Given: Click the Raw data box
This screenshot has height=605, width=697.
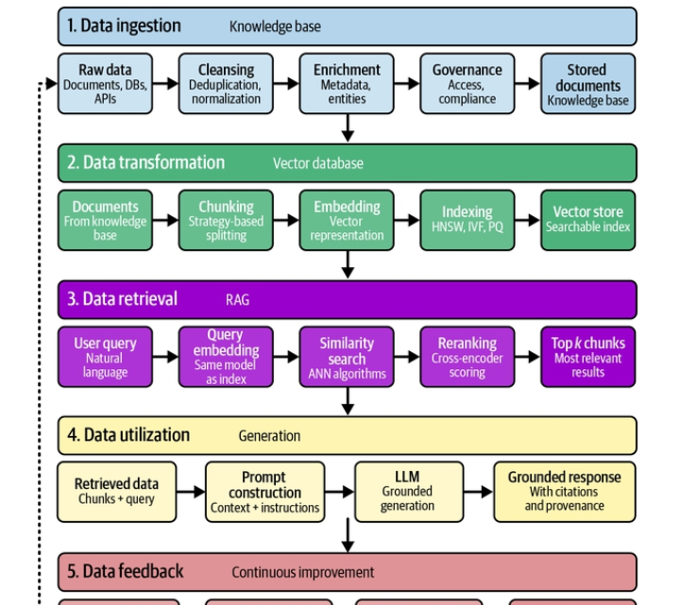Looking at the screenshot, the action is click(x=106, y=83).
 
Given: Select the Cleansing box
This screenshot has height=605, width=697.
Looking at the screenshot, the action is click(x=226, y=83).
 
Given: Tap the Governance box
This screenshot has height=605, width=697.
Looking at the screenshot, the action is click(x=467, y=83).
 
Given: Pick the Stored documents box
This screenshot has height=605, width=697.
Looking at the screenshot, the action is click(x=588, y=83).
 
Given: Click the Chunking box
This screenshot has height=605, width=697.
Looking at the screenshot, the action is click(x=226, y=220).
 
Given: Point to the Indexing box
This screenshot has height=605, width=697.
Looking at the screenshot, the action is click(x=467, y=220).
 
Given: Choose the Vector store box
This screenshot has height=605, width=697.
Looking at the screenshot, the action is click(x=588, y=220).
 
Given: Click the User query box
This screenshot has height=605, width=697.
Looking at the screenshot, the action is click(x=106, y=357).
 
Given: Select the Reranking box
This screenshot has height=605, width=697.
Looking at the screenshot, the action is click(x=467, y=357).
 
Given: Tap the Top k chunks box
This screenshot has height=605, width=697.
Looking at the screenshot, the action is click(x=588, y=357).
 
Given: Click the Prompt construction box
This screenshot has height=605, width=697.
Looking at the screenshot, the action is click(x=265, y=492).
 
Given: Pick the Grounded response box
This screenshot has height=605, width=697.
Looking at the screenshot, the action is click(x=565, y=492).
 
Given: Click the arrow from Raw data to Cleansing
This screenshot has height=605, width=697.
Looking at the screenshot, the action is click(x=166, y=83).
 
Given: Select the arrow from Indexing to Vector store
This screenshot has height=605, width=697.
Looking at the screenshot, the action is click(x=528, y=220).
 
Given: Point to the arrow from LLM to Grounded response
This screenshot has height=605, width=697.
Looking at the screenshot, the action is click(x=478, y=492).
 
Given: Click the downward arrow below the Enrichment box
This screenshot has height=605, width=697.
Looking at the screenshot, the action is click(x=348, y=128).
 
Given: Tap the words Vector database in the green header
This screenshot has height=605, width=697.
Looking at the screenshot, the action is click(x=318, y=163).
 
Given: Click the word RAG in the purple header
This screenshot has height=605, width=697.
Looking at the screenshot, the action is click(x=237, y=300).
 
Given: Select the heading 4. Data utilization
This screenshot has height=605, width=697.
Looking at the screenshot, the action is click(x=128, y=435).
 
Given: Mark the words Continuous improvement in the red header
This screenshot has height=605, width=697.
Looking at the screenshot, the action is click(x=303, y=572).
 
